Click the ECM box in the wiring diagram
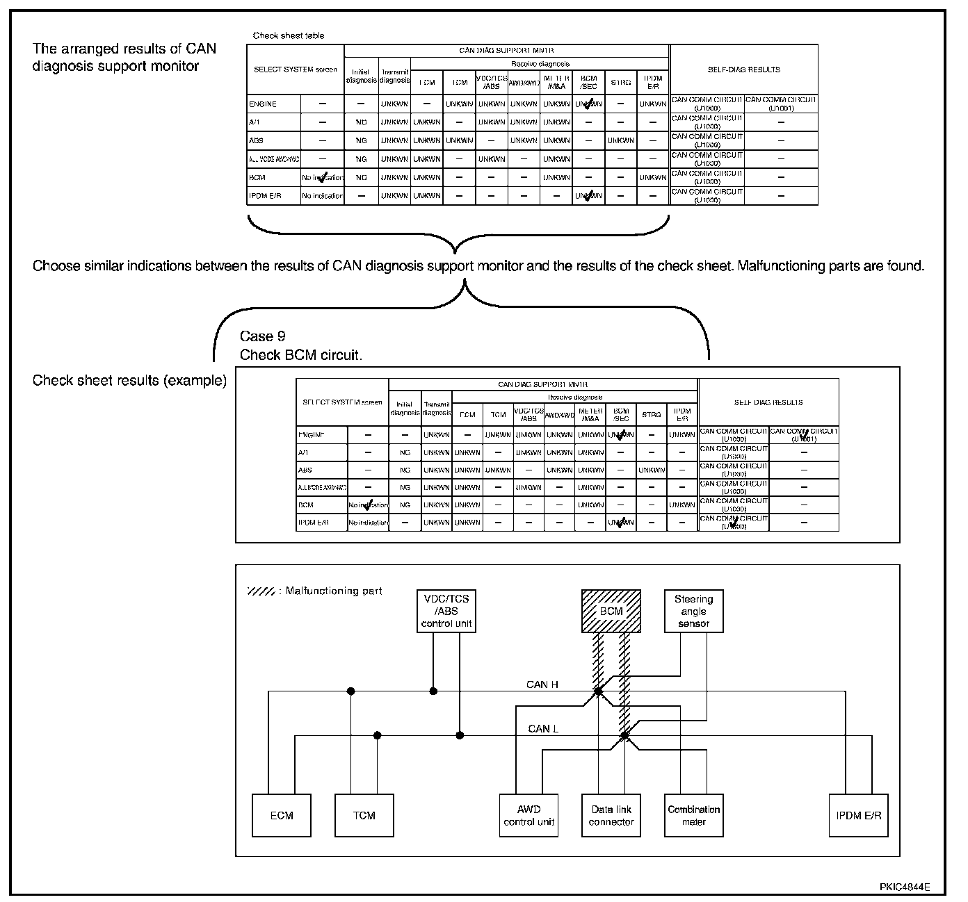click(x=282, y=815)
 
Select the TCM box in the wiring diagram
click(x=364, y=815)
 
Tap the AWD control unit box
click(x=529, y=815)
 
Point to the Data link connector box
click(x=611, y=815)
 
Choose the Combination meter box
click(x=693, y=815)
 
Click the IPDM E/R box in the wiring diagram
click(x=858, y=815)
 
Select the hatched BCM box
click(x=611, y=611)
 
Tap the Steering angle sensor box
click(x=693, y=611)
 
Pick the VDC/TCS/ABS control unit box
click(x=446, y=611)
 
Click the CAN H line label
click(x=542, y=684)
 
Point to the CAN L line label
click(x=543, y=728)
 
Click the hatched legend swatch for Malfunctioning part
click(x=261, y=591)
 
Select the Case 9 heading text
click(x=262, y=336)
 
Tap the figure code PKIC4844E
click(x=904, y=887)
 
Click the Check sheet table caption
click(x=289, y=35)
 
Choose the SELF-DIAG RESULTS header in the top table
click(x=743, y=69)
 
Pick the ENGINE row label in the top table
click(x=263, y=104)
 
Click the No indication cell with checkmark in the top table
click(x=323, y=178)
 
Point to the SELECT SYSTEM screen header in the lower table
click(x=342, y=402)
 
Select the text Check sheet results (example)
click(x=129, y=381)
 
